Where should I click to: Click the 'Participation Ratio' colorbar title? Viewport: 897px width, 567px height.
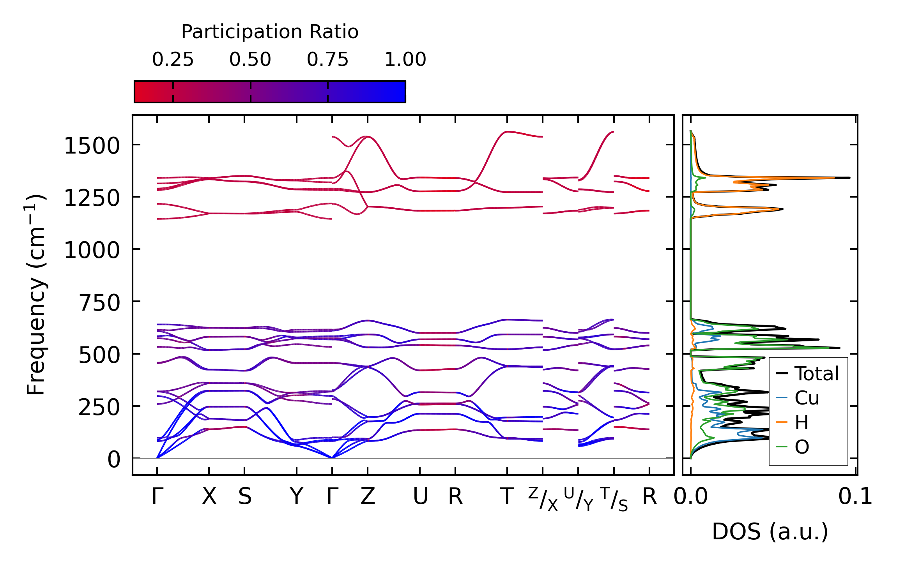tap(270, 32)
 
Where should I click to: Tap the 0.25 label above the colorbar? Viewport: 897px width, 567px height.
tap(173, 60)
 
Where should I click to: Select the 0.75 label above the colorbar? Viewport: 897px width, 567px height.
tap(327, 60)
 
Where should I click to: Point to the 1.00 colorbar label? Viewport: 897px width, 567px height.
tap(405, 60)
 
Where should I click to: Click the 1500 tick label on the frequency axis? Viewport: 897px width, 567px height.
tap(92, 147)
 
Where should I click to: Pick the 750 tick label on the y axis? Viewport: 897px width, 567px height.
tap(99, 303)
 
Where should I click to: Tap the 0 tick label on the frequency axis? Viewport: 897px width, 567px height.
tap(114, 460)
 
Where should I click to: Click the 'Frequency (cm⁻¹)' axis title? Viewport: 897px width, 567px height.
tap(36, 295)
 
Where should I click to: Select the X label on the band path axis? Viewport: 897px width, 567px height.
tap(209, 497)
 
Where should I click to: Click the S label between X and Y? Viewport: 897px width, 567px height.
tap(245, 497)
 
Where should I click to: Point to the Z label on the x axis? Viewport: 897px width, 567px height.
tap(368, 497)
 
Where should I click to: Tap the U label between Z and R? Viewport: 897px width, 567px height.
tap(420, 497)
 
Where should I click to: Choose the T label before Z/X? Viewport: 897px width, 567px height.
tap(507, 497)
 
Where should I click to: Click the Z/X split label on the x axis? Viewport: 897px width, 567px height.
tap(543, 499)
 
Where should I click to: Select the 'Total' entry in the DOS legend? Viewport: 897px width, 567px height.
tap(816, 374)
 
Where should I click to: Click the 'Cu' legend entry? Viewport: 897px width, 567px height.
tap(807, 398)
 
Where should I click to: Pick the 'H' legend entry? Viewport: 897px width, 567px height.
tap(801, 422)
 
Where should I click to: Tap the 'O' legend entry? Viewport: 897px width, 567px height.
tap(802, 447)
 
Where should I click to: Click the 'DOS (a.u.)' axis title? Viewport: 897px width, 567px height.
tap(770, 532)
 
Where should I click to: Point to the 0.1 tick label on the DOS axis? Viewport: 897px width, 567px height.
tap(855, 497)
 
